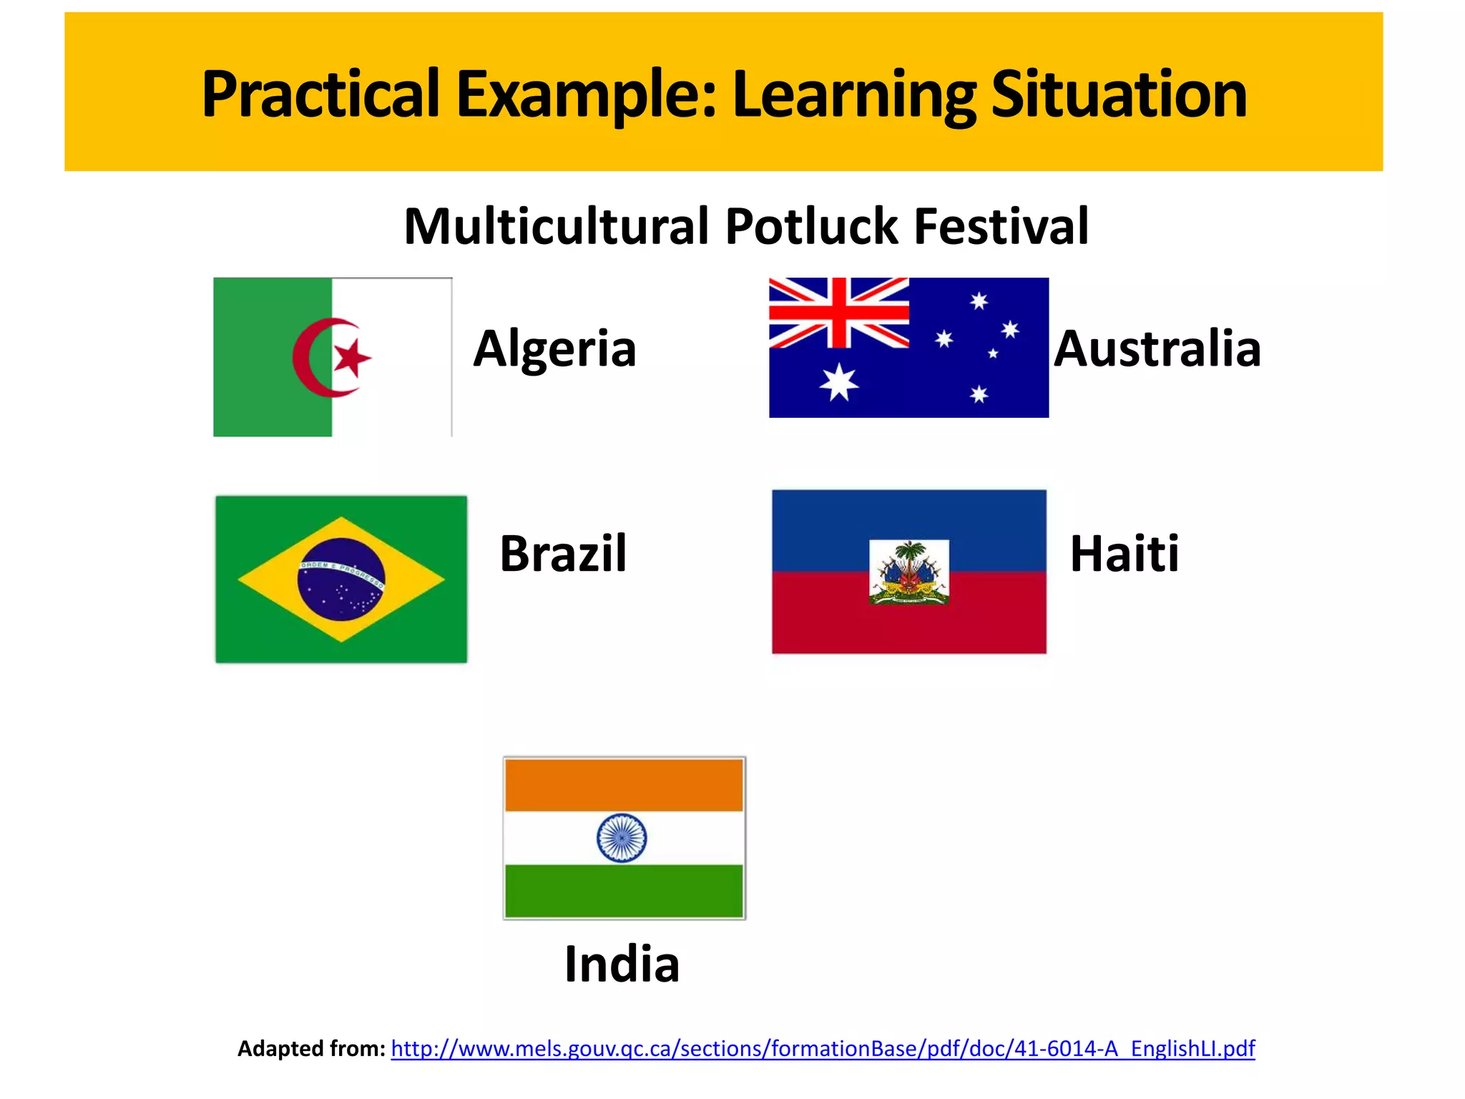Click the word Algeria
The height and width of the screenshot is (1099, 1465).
[x=554, y=349]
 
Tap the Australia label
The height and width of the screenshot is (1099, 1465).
[x=1157, y=349]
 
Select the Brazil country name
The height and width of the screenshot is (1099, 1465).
[x=563, y=554]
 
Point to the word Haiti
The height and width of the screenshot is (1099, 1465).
[x=1124, y=554]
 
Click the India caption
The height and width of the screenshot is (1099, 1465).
[x=622, y=964]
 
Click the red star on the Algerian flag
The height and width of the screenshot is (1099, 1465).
[x=352, y=357]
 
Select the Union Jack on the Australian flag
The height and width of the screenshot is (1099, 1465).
[x=838, y=313]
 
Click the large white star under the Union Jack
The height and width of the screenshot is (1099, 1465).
[x=838, y=382]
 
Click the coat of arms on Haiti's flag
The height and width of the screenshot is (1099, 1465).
[x=908, y=572]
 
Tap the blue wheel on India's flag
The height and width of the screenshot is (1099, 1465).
[x=622, y=838]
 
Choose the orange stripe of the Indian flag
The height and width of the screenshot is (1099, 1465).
[x=624, y=785]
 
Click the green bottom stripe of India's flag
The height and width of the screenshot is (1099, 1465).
[x=624, y=891]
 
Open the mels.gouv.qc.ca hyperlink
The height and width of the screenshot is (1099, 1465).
[x=823, y=1049]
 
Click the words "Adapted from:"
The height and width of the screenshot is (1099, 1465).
[x=311, y=1049]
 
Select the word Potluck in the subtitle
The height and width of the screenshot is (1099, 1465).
[x=811, y=227]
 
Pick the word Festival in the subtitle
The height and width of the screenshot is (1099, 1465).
[x=1001, y=227]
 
